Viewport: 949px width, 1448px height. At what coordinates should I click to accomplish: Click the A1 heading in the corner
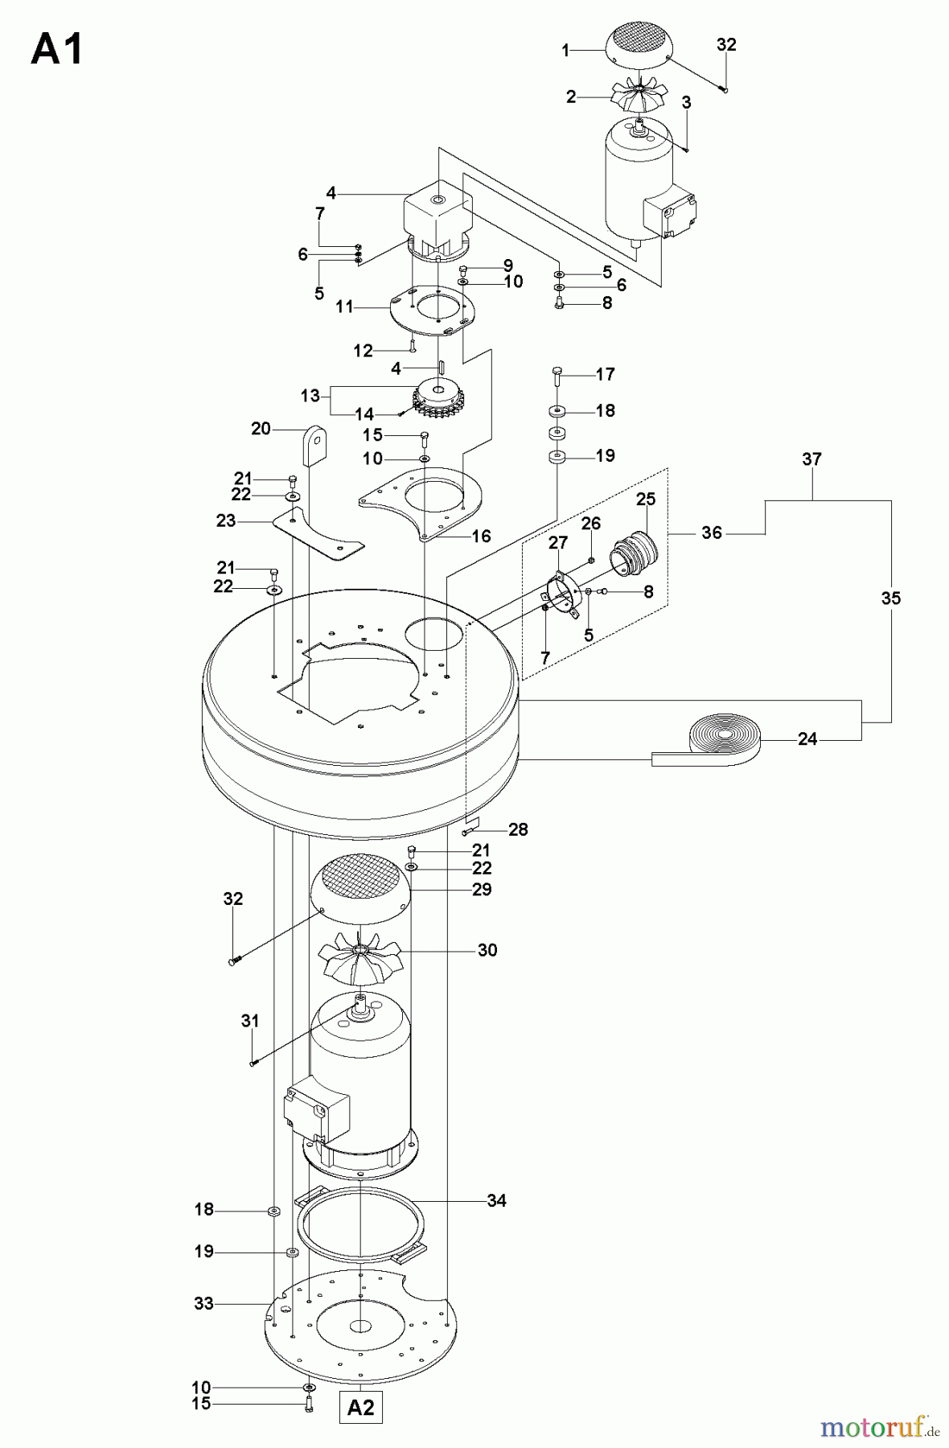click(x=56, y=50)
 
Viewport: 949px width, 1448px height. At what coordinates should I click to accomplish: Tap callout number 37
click(x=812, y=459)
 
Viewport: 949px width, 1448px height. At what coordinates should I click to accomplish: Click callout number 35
click(x=891, y=598)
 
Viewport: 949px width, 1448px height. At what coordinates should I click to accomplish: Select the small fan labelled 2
click(x=636, y=96)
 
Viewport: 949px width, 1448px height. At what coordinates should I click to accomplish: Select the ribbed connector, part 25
click(x=635, y=553)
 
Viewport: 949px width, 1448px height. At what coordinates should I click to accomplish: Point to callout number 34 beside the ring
click(x=497, y=1200)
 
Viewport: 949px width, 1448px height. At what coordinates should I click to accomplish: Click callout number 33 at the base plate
click(x=203, y=1303)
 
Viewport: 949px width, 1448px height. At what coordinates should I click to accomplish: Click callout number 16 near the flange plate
click(x=481, y=536)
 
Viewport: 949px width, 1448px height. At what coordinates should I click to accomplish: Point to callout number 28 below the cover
click(x=518, y=829)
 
